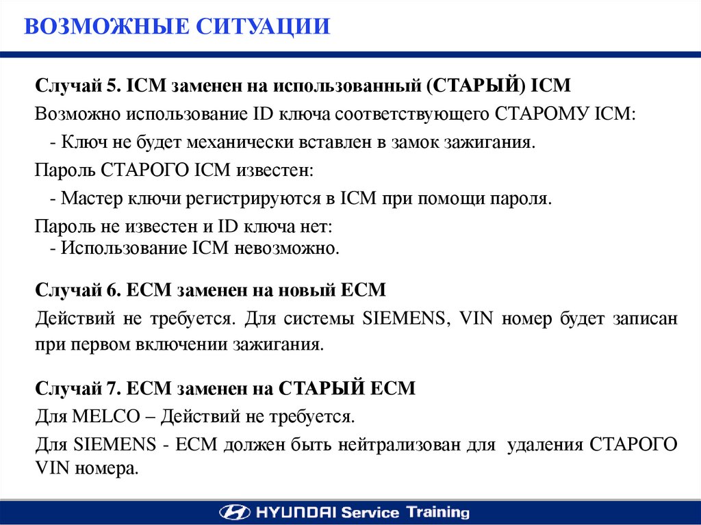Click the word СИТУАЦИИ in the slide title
(263, 26)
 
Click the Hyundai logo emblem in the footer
(235, 512)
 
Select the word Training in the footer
(437, 512)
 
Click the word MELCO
(106, 416)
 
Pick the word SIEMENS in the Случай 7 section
(115, 444)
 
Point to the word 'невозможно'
(287, 248)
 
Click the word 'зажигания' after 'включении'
(278, 345)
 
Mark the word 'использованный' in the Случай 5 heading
(347, 86)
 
